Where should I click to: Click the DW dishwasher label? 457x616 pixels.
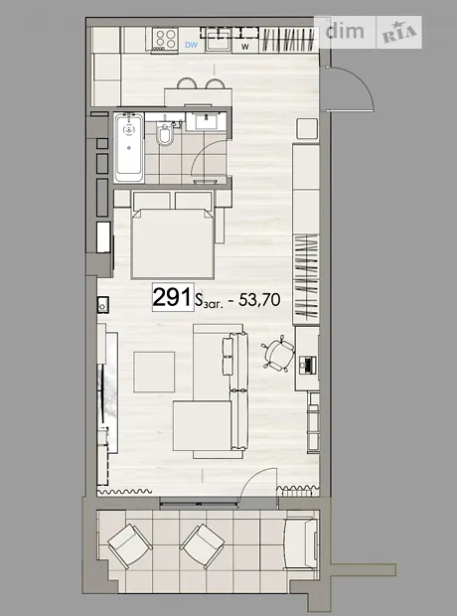coord(192,45)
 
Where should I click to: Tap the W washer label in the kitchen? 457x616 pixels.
coord(245,47)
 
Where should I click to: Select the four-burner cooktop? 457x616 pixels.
coord(165,38)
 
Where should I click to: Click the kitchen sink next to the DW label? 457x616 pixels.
coord(219,40)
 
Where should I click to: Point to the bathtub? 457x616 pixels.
coord(129,147)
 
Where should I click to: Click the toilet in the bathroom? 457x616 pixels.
coord(165,133)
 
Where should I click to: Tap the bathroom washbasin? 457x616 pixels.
coord(206,121)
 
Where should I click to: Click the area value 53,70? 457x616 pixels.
coord(259,300)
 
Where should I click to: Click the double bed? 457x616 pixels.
coord(173,234)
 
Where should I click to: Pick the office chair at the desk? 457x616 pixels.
coord(278,353)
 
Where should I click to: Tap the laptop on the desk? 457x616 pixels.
coord(307,365)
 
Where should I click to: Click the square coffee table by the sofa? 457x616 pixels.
coord(154,372)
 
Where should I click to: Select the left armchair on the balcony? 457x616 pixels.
coord(130,546)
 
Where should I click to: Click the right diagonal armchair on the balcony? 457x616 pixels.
coord(203,546)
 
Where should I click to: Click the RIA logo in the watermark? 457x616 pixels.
coord(399,33)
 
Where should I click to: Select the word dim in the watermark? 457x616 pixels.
coord(345,31)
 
